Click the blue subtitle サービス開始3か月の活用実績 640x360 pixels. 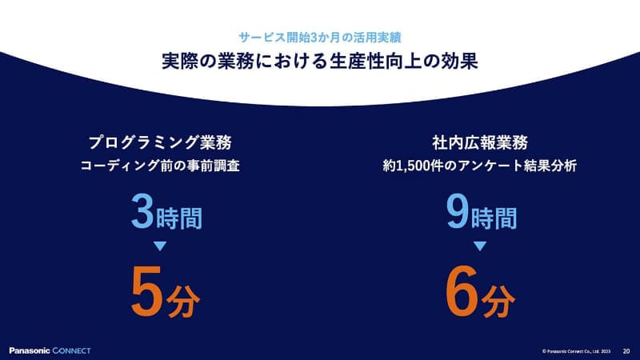pyautogui.click(x=320, y=38)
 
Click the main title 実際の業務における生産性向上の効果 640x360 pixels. pyautogui.click(x=320, y=62)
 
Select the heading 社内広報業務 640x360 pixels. pyautogui.click(x=478, y=144)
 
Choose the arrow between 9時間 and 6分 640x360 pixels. pyautogui.click(x=478, y=246)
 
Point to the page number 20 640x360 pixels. pyautogui.click(x=626, y=350)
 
